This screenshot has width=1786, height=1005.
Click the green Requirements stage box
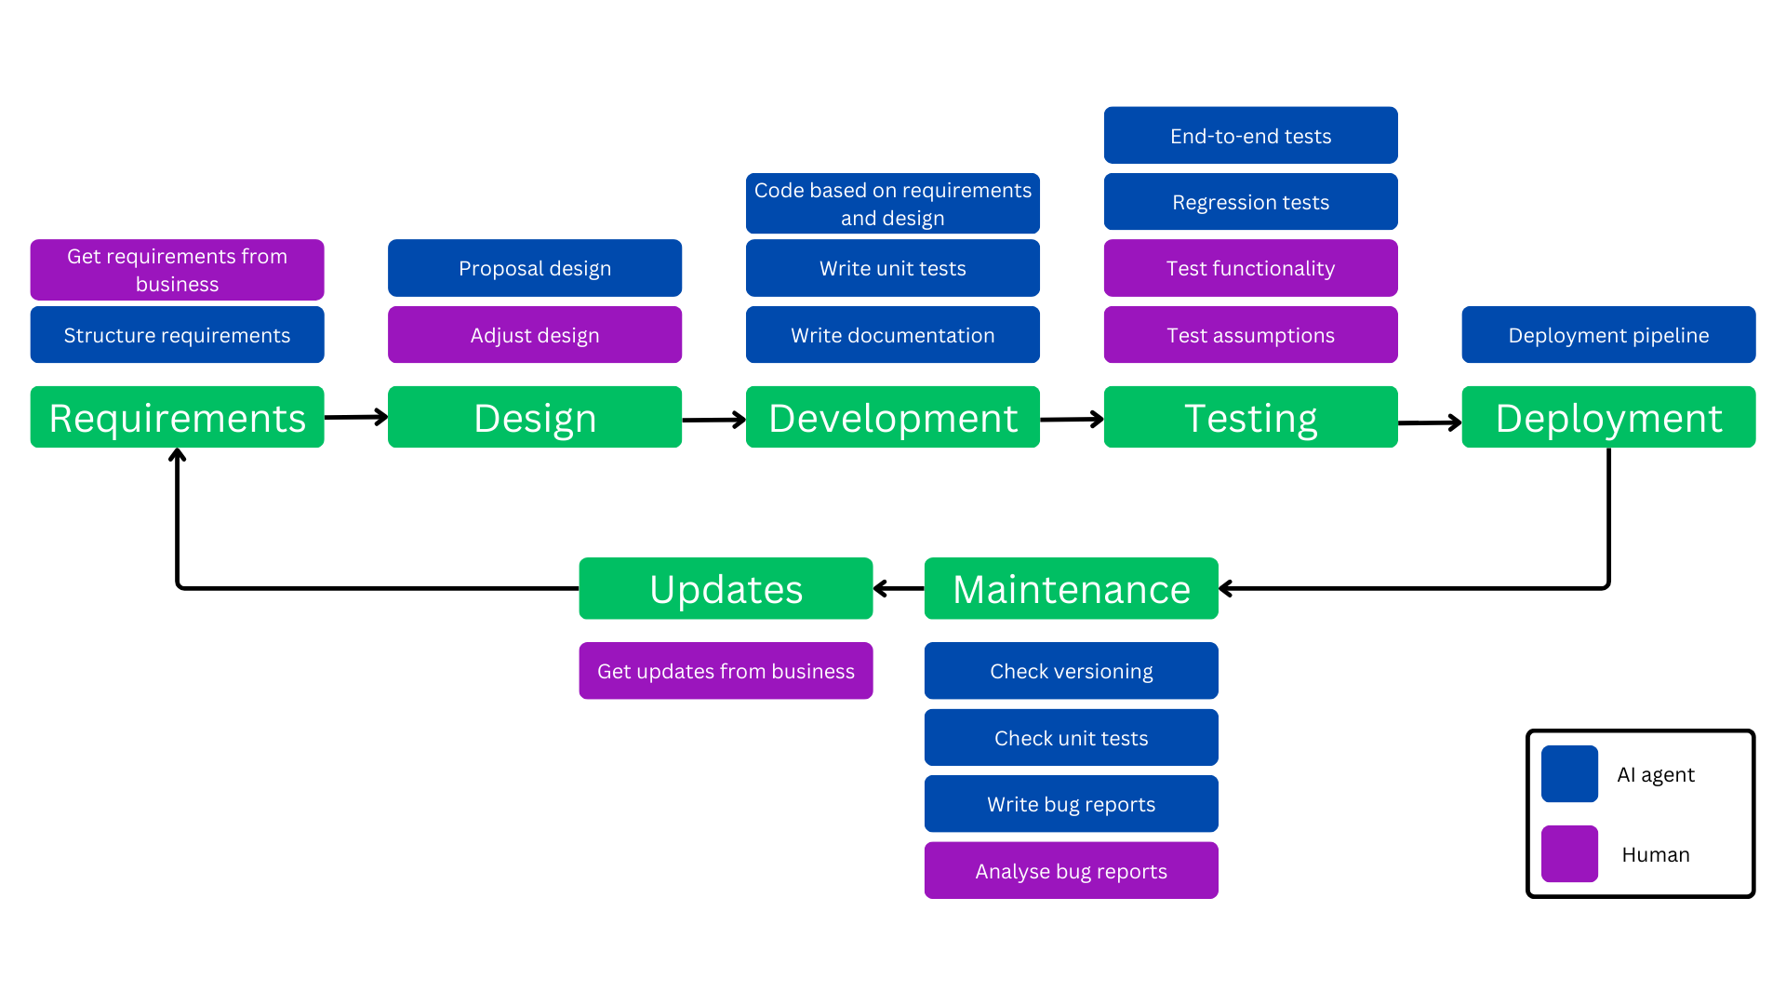pos(177,417)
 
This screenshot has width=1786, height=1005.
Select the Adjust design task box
pos(534,335)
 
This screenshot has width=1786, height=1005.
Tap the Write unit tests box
pos(892,268)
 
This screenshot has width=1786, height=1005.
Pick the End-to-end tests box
pos(1250,136)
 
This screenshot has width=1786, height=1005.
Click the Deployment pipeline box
pos(1608,335)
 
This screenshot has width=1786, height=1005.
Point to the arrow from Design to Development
pos(713,420)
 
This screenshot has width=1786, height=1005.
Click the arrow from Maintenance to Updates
pos(899,588)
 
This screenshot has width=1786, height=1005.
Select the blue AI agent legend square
pos(1569,773)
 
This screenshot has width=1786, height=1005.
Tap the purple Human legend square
pos(1569,853)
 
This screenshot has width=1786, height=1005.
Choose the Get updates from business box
pos(726,671)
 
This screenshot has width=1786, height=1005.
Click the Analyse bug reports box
pos(1071,871)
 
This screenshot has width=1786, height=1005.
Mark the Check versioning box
pos(1071,671)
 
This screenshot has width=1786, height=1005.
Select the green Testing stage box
pos(1250,417)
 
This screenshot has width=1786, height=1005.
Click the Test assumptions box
pos(1250,335)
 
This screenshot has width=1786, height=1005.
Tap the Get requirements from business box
pos(177,270)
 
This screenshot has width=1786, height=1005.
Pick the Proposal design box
pos(534,268)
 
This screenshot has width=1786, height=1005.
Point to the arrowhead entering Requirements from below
pos(177,455)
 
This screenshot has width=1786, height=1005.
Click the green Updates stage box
pos(726,588)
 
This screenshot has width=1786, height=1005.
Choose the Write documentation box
pos(892,335)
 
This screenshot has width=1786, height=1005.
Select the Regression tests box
pos(1250,202)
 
